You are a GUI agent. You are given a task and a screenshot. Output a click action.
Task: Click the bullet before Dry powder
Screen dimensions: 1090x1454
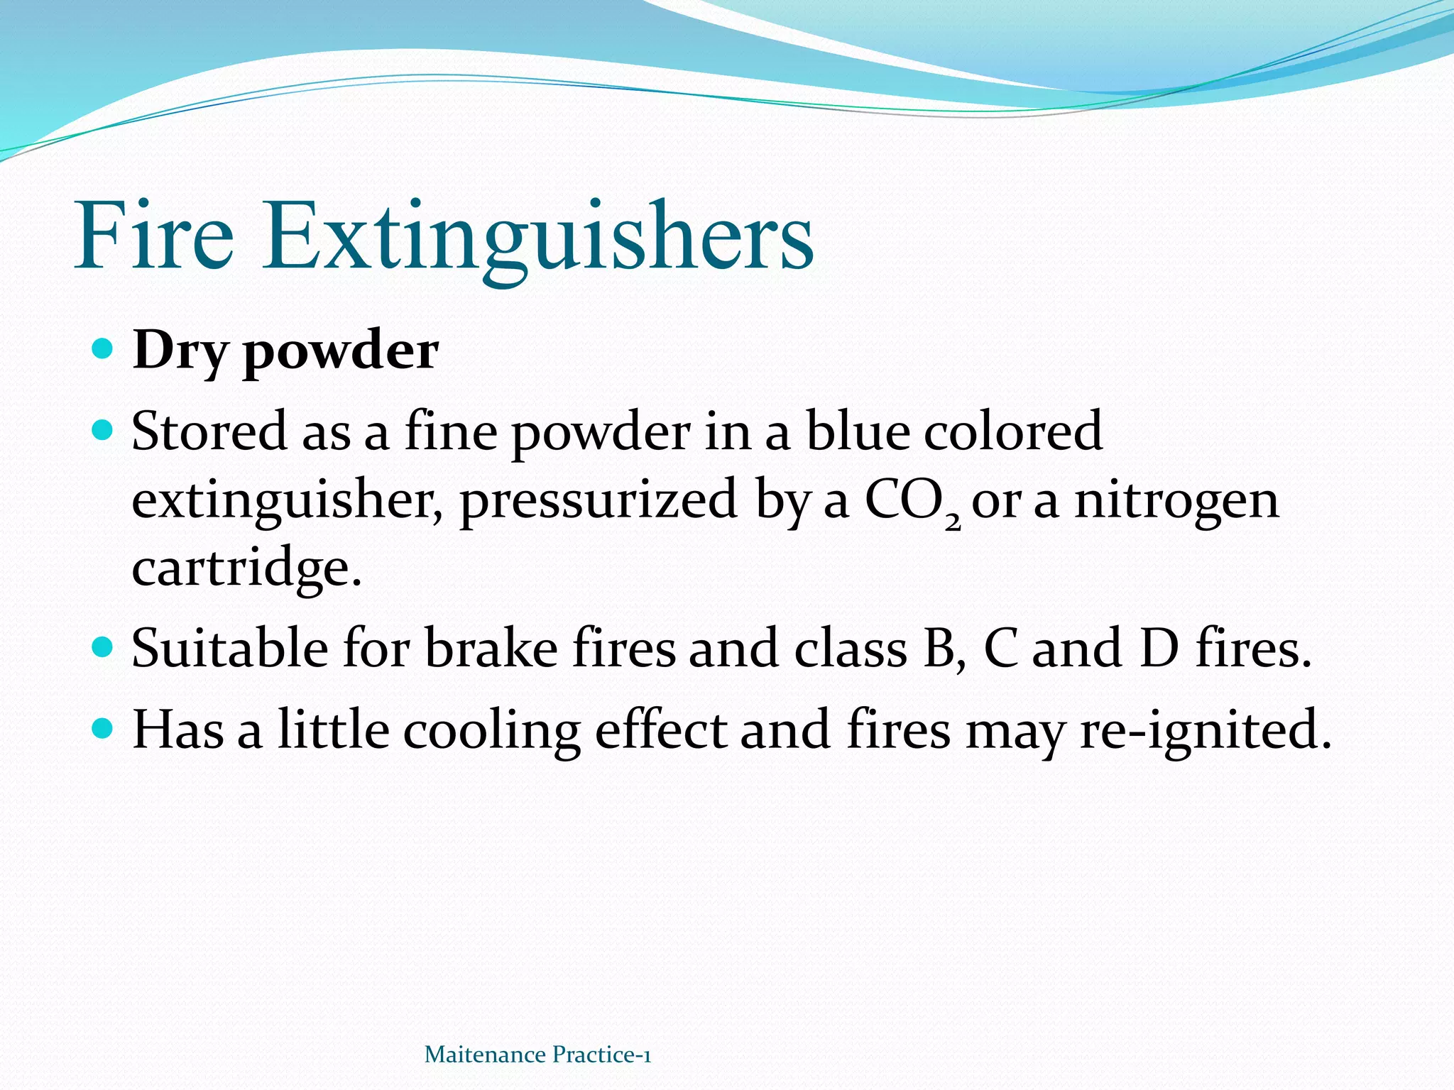(x=104, y=348)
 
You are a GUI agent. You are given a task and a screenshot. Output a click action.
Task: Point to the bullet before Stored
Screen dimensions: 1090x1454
(x=104, y=430)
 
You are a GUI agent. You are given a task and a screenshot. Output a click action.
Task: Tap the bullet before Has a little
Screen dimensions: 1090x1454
(x=104, y=728)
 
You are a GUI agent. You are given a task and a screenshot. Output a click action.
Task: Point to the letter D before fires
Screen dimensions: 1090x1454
(x=1159, y=648)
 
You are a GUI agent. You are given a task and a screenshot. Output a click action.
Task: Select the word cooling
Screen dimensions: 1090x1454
(x=491, y=732)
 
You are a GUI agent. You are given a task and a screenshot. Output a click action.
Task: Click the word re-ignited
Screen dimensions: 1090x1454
(x=1205, y=732)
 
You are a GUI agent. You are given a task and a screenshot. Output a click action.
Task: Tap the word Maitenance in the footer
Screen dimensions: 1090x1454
(x=484, y=1055)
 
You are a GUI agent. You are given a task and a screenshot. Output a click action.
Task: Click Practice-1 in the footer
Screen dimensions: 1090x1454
(x=601, y=1055)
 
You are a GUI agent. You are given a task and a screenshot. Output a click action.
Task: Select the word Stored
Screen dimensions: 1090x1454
(x=209, y=431)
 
